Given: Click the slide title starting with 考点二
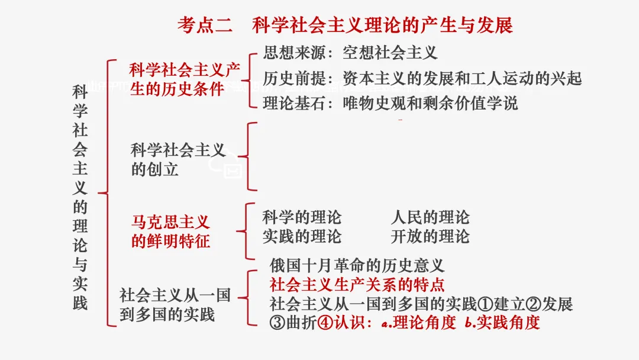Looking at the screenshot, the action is (345, 25).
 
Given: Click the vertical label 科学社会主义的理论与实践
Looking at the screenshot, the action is (80, 197).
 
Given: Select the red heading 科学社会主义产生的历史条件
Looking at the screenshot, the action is (184, 79).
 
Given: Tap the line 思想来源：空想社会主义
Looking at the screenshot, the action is (350, 53).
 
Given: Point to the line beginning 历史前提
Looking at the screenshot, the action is (422, 78).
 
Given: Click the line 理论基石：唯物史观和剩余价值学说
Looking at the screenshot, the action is (390, 104).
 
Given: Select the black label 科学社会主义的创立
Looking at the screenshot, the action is (178, 159).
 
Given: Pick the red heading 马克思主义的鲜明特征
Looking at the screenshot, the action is (170, 232).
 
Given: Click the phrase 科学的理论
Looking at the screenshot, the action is (302, 217).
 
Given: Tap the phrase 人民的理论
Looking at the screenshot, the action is (430, 217).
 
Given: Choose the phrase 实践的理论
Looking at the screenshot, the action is (302, 237).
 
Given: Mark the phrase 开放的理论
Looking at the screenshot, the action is (430, 237).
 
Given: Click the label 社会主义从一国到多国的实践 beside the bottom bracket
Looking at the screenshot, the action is (175, 304).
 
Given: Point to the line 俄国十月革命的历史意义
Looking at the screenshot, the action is (357, 265).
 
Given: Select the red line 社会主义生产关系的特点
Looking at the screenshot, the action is (357, 285).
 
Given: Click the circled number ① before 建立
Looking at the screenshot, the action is (485, 304).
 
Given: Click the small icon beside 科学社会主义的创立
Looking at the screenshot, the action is (231, 169).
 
